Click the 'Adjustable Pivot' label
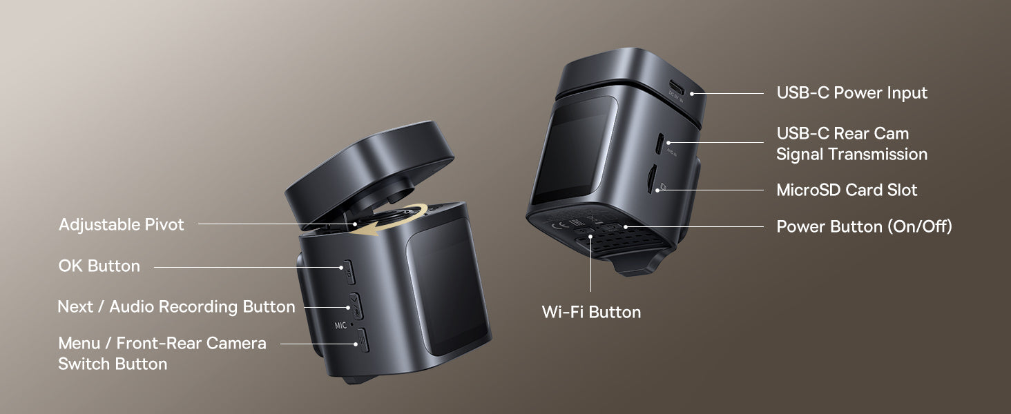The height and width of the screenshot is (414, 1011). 122,224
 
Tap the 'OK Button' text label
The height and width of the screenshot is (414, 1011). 99,266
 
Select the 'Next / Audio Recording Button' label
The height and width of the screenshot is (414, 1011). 177,306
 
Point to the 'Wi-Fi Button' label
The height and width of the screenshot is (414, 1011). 591,312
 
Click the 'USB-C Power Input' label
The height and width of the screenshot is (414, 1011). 851,93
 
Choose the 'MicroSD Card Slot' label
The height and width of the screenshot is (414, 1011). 847,190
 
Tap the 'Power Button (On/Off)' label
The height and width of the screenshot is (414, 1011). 864,226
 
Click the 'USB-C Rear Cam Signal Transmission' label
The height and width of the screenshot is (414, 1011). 851,144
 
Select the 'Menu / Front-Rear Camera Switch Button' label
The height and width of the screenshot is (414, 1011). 162,353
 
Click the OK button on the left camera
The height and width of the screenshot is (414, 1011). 349,272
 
